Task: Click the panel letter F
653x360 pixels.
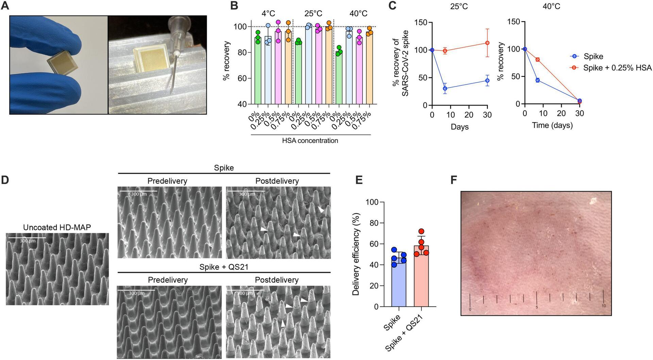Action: coord(454,180)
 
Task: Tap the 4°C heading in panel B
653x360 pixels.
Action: coord(268,13)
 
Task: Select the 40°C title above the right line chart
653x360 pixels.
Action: coord(551,6)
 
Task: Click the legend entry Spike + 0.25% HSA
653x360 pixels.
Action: coord(617,68)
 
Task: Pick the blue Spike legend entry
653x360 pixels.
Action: coord(593,56)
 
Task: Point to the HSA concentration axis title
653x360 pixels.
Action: coord(310,141)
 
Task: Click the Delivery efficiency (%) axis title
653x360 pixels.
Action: coord(356,254)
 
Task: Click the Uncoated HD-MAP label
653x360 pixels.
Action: coord(57,227)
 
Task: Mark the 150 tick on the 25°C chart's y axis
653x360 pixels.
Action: coord(421,22)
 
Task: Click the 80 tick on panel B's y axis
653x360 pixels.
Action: coord(242,52)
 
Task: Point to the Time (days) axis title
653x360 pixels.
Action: coord(552,125)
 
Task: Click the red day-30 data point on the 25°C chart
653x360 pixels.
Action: coord(487,43)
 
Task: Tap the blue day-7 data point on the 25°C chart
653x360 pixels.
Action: coord(445,88)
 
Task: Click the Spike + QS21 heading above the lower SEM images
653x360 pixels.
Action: coord(224,267)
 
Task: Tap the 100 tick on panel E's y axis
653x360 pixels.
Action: coord(372,202)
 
